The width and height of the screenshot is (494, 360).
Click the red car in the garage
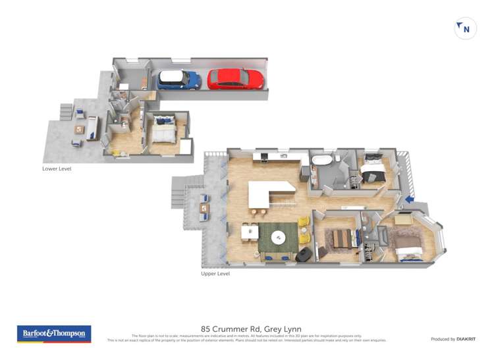tap(235, 79)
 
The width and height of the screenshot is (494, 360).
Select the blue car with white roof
tap(178, 80)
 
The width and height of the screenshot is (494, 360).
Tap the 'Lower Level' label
tap(57, 168)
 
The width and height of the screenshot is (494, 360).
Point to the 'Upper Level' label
tap(215, 273)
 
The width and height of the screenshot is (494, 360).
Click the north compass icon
tap(466, 28)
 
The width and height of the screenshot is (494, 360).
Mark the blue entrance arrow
tap(409, 199)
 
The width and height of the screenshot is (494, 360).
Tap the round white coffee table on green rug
tap(279, 238)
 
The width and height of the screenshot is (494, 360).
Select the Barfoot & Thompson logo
tap(53, 334)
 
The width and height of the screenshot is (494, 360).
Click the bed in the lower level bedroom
tap(162, 130)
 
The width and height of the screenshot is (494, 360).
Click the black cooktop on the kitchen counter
tap(263, 157)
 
